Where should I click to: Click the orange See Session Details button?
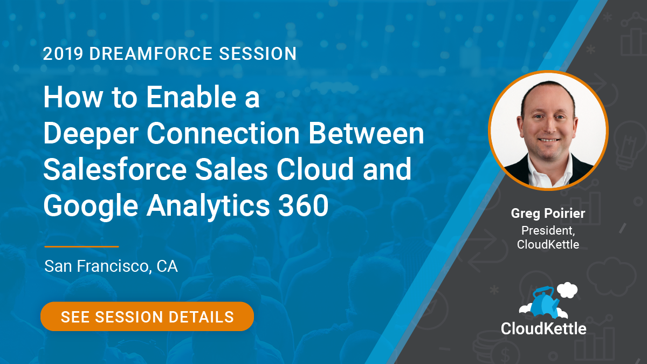[x=147, y=317]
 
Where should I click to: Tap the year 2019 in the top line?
[x=63, y=54]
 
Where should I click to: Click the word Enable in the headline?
[x=191, y=97]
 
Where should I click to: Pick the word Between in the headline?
[x=366, y=133]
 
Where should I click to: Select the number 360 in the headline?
[x=303, y=205]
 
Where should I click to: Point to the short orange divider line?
[x=82, y=247]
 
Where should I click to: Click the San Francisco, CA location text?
[x=111, y=266]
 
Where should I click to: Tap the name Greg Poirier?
[x=548, y=214]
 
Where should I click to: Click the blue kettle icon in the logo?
[x=544, y=303]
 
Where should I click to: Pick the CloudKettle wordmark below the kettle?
[x=543, y=329]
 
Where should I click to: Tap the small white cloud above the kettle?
[x=567, y=290]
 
